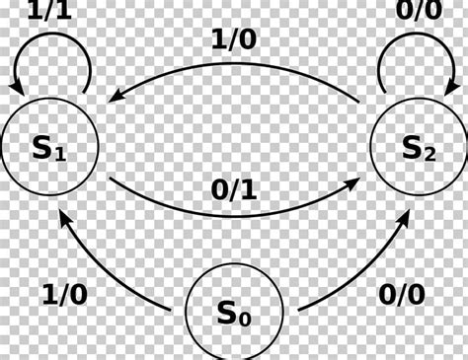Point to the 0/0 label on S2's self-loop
[x=418, y=11]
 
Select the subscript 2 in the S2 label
[x=429, y=156]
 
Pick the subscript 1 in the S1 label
[x=62, y=156]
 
